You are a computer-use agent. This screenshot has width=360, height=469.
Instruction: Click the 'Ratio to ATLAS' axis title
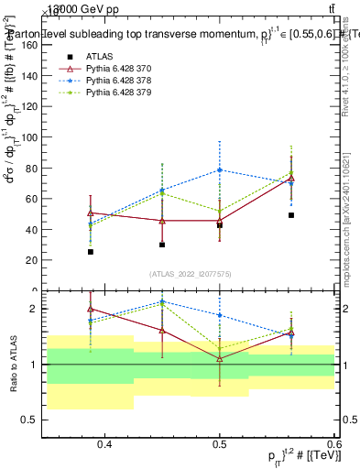pyautogui.click(x=13, y=365)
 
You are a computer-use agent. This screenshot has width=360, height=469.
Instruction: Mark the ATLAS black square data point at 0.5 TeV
pyautogui.click(x=220, y=224)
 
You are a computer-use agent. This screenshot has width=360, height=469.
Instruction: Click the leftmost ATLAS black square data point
pyautogui.click(x=91, y=251)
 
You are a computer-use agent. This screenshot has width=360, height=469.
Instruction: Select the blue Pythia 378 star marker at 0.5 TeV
pyautogui.click(x=220, y=169)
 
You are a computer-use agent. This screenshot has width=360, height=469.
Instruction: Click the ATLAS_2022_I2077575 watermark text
pyautogui.click(x=190, y=274)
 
